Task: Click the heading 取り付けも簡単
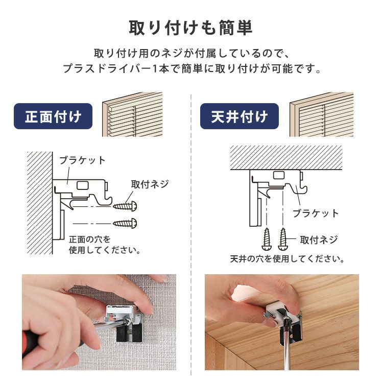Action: point(190,28)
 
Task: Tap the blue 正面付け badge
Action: point(53,116)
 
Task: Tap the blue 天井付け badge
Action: point(240,116)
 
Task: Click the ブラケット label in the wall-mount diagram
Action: point(82,160)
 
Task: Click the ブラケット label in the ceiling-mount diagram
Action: point(316,213)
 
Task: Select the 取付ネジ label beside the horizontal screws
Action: point(150,184)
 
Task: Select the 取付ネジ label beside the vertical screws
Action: point(319,240)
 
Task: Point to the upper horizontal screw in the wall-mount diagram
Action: point(125,206)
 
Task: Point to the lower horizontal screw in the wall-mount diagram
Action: point(125,224)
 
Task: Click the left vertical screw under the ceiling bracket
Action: point(267,239)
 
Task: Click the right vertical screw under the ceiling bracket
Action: point(283,239)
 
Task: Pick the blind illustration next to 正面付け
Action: point(132,114)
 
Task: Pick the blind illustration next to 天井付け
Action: point(321,114)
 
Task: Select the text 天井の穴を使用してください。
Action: point(287,259)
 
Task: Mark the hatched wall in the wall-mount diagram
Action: point(39,203)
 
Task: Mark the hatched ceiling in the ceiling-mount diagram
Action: point(286,158)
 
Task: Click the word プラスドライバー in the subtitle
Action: point(107,68)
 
